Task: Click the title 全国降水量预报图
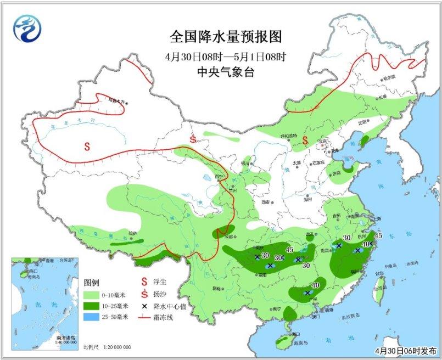[x=226, y=37]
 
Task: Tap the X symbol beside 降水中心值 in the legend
[x=144, y=306]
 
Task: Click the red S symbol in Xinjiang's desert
[x=87, y=146]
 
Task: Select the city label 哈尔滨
[x=389, y=78]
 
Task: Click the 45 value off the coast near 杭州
[x=378, y=236]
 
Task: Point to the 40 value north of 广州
[x=315, y=285]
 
